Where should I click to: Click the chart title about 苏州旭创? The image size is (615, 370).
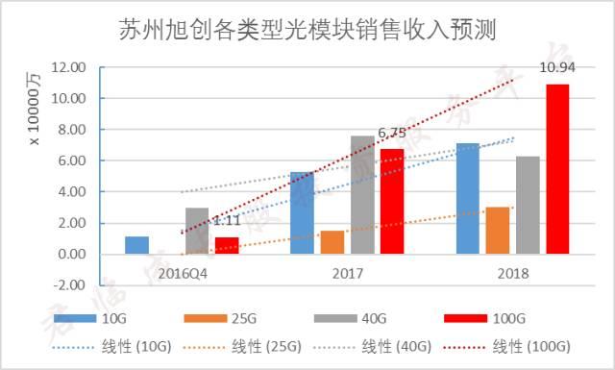(x=307, y=30)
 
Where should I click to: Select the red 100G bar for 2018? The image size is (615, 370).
(x=557, y=169)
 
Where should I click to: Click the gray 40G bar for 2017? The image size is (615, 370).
(x=362, y=195)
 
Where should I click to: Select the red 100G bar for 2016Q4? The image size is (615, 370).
(x=227, y=246)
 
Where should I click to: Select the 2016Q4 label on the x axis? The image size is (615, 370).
(x=181, y=273)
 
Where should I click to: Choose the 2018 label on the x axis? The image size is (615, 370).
(x=512, y=273)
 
